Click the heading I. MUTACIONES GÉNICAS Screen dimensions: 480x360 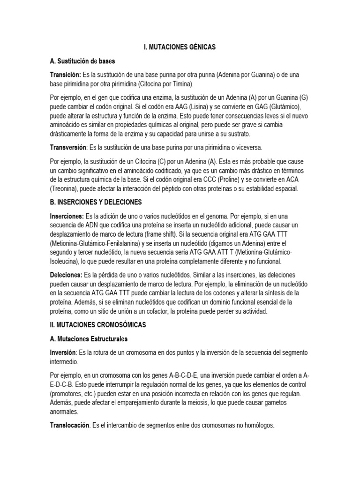point(180,48)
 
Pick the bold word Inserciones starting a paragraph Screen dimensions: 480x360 point(66,216)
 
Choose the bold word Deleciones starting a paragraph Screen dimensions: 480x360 point(66,274)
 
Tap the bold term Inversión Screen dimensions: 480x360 point(62,352)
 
